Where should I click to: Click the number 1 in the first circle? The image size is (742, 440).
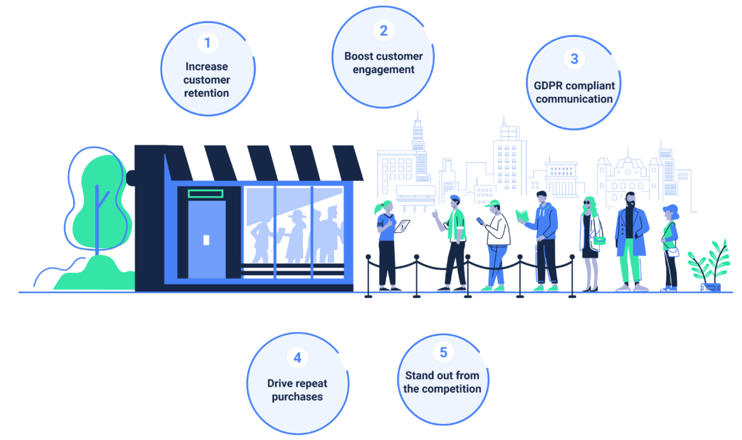click(207, 43)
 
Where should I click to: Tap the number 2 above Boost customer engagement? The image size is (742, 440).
click(383, 30)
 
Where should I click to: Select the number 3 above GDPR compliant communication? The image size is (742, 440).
click(574, 59)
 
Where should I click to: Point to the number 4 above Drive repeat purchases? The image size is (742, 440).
click(297, 357)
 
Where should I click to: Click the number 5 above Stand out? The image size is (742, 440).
click(443, 352)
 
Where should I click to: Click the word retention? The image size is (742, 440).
click(207, 93)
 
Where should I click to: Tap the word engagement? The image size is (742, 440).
click(383, 69)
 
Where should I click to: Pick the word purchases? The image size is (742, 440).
click(297, 397)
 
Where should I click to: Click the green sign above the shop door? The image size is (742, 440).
click(206, 193)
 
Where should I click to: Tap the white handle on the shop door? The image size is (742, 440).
click(207, 240)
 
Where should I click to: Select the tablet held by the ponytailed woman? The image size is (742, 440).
click(401, 226)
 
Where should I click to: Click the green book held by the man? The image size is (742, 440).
click(522, 215)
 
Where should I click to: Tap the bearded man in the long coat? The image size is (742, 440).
click(630, 239)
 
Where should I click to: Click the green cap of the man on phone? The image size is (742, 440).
click(493, 203)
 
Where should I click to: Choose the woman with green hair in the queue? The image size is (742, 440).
click(590, 239)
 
